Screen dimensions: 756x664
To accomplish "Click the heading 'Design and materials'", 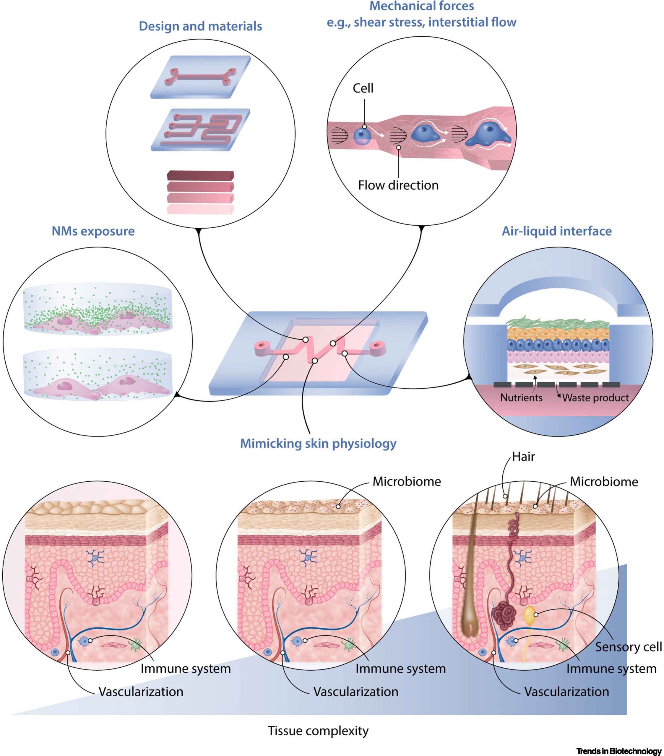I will pyautogui.click(x=200, y=26).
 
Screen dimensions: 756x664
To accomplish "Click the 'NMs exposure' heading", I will pyautogui.click(x=93, y=231).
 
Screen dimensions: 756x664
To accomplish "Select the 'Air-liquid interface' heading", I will pyautogui.click(x=556, y=231).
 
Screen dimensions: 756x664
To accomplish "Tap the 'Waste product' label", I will pyautogui.click(x=595, y=398).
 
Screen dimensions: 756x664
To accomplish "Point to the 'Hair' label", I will pyautogui.click(x=523, y=457).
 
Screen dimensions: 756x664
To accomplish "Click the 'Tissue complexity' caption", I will pyautogui.click(x=318, y=731).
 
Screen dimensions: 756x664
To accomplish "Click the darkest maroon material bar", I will pyautogui.click(x=200, y=175).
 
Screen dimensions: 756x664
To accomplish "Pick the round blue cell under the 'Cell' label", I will pyautogui.click(x=362, y=136).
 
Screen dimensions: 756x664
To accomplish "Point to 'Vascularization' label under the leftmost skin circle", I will pyautogui.click(x=141, y=692).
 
